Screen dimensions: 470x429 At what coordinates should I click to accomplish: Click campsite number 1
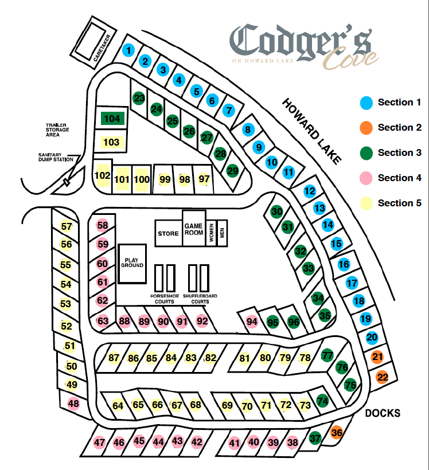point(129,50)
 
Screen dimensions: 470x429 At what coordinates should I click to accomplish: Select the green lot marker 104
point(112,119)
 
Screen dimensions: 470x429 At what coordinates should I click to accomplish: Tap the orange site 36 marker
point(337,433)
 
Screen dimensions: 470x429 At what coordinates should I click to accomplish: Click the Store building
point(168,233)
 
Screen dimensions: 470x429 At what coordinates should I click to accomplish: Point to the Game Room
point(194,229)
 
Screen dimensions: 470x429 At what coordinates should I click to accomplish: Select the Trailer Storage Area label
point(57,130)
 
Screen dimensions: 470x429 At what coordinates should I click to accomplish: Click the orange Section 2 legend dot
point(366,127)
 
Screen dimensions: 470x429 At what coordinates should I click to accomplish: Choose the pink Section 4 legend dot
point(366,178)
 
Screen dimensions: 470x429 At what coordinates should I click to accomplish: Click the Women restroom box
point(211,233)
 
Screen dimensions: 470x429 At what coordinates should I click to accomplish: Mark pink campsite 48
point(73,403)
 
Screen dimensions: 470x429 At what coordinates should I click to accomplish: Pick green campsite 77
point(327,355)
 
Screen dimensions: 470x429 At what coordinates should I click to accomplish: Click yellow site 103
point(111,142)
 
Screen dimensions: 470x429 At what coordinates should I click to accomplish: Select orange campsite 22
point(383,377)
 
